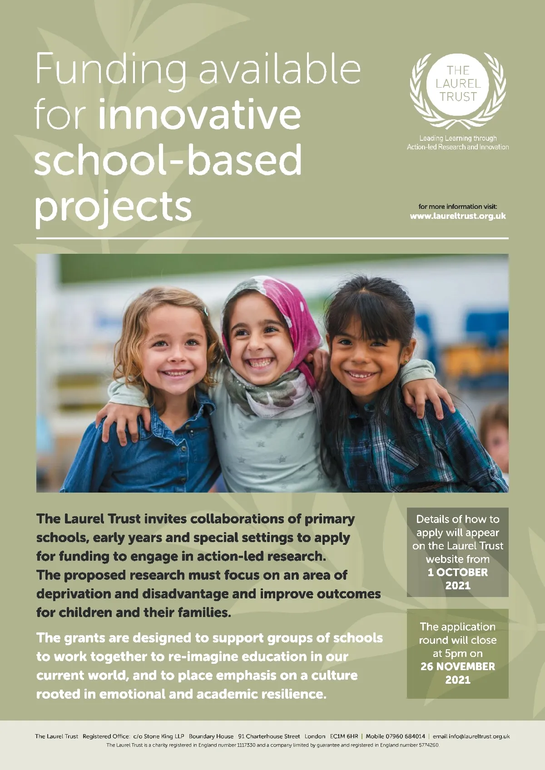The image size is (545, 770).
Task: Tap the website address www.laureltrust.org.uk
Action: point(458,216)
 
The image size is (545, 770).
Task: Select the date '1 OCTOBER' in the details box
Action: point(458,573)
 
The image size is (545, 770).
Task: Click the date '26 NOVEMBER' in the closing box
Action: point(458,666)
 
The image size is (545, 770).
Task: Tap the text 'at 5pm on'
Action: point(458,653)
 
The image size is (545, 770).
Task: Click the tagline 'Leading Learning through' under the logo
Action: point(458,138)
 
